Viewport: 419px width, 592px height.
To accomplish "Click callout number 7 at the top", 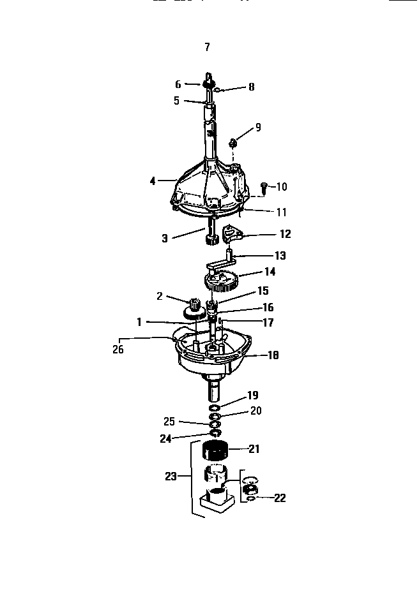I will coord(206,47).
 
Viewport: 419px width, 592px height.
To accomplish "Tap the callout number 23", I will coord(170,475).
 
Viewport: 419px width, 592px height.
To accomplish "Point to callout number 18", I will coord(273,355).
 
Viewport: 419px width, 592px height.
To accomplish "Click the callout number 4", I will coord(153,181).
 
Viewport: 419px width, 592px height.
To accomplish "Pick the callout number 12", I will coord(285,234).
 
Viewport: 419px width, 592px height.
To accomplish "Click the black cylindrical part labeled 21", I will coord(216,451).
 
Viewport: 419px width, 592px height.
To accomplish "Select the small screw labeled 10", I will coord(264,186).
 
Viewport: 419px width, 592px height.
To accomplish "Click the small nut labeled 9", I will coord(234,143).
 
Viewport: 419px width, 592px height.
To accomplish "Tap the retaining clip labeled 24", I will coord(216,434).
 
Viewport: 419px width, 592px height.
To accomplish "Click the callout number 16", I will coord(268,307).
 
